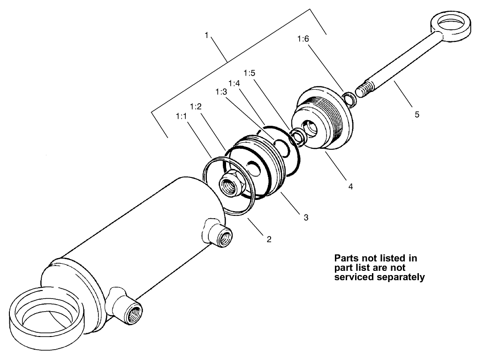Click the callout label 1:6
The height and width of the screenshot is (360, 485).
303,39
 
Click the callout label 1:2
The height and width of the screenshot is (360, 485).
196,107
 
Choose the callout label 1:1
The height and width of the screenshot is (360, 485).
182,115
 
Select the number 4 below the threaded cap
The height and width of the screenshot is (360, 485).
350,186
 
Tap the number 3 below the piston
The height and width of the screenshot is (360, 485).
305,217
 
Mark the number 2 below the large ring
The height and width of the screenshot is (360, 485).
269,239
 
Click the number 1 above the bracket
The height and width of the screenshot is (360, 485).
206,35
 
